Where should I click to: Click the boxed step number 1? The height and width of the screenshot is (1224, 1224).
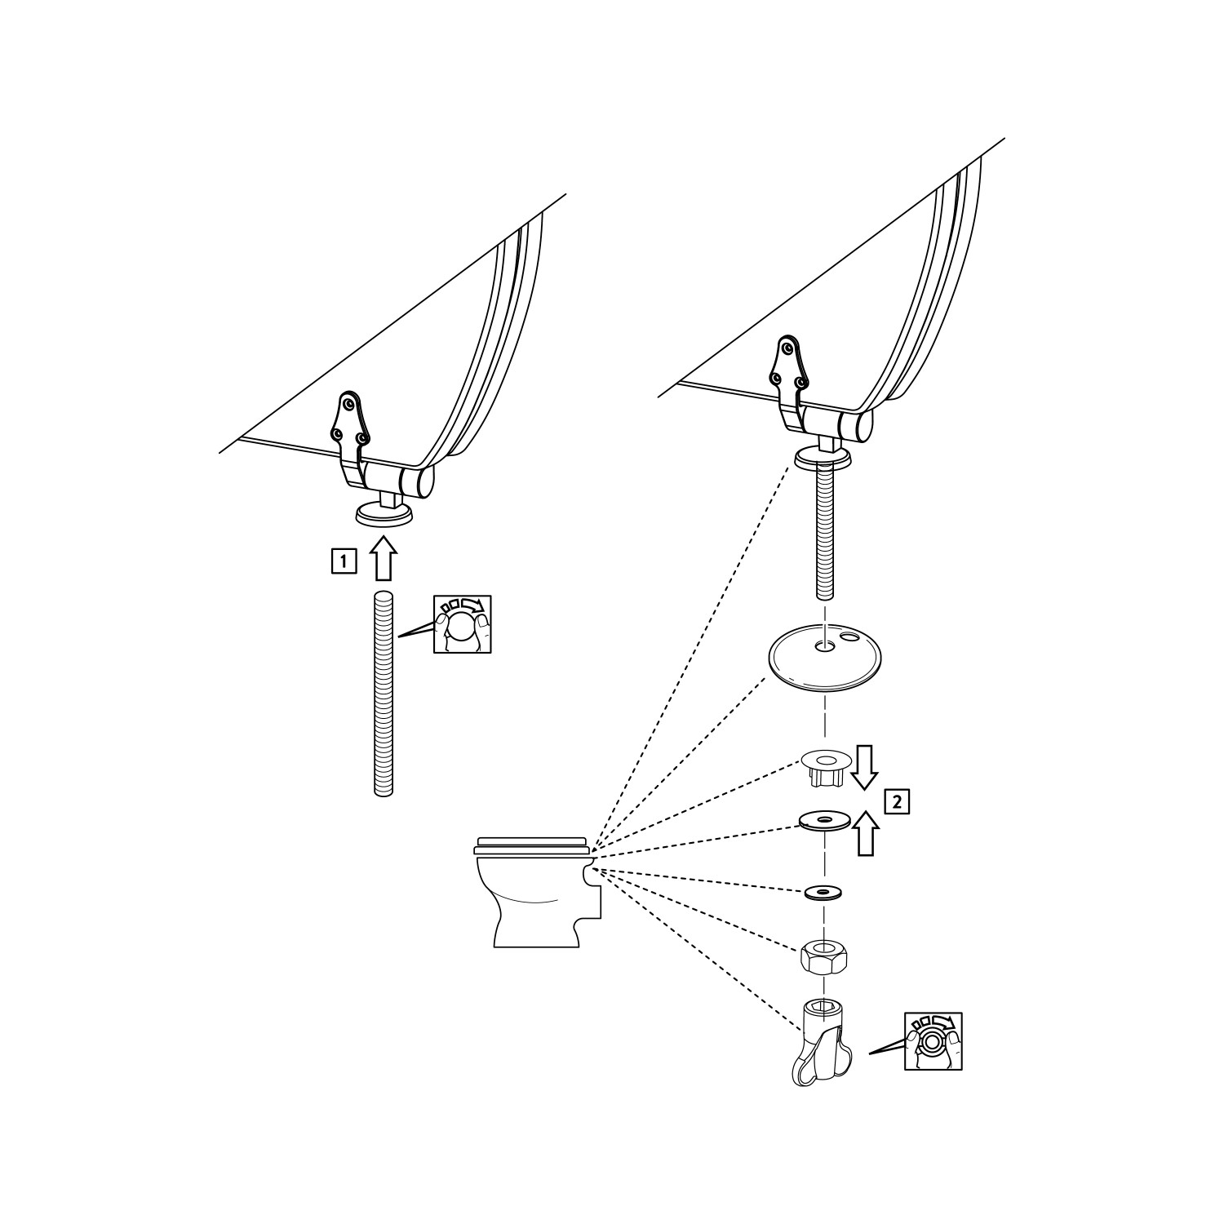[344, 561]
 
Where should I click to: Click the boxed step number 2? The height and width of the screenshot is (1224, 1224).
[897, 800]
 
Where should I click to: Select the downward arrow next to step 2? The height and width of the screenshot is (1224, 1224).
[865, 767]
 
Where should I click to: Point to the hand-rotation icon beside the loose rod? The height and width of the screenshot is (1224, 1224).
[462, 624]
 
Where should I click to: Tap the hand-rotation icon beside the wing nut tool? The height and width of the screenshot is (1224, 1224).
[933, 1041]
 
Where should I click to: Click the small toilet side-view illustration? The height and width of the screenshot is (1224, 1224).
[539, 891]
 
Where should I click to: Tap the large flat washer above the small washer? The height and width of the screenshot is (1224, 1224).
[825, 820]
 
